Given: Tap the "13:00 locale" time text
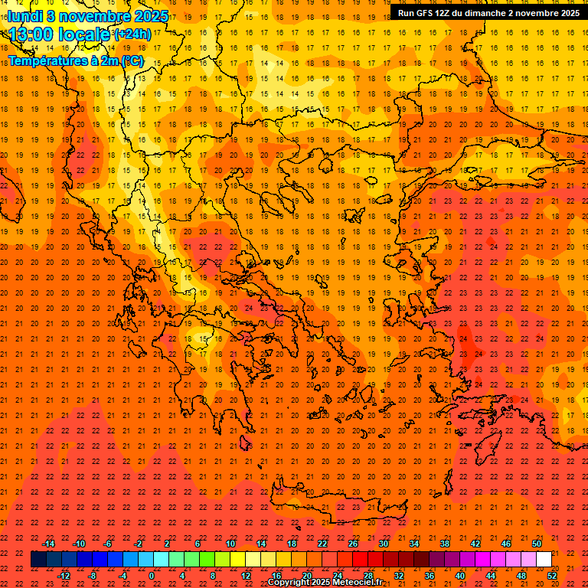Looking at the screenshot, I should tap(60, 34).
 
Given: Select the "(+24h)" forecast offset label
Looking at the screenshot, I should tap(132, 34).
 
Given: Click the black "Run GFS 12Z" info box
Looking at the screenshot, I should tap(488, 12).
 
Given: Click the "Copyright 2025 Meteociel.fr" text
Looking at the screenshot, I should tap(325, 583).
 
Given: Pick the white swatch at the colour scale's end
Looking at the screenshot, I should tap(544, 560).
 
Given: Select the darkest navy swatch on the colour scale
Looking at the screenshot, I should tap(38, 560).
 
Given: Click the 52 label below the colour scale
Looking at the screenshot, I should tap(552, 575).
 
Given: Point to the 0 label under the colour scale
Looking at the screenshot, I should tap(152, 575).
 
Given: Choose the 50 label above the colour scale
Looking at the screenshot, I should tap(537, 544).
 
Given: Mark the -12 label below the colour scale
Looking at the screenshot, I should tap(64, 575).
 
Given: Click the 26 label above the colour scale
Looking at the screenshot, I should tap(353, 544).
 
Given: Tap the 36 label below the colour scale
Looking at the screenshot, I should tap(430, 575).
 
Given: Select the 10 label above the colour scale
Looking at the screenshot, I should tap(230, 544).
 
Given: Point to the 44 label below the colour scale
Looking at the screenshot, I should tap(491, 575).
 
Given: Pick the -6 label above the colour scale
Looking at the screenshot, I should tap(108, 544).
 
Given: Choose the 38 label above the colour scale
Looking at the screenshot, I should tap(445, 544).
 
